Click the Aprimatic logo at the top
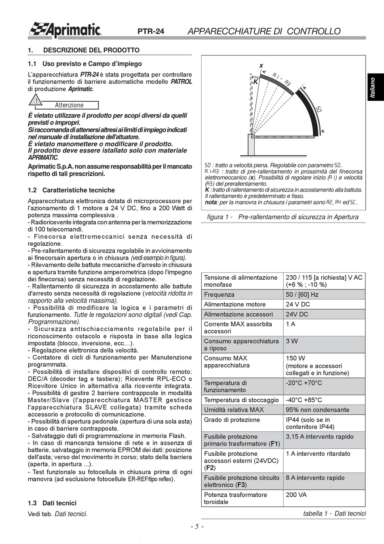pos(65,30)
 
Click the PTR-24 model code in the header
pos(151,32)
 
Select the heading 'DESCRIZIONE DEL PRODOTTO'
pos(91,50)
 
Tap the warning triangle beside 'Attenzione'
pos(36,101)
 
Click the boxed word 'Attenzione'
pos(69,105)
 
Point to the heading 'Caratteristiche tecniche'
pos(78,190)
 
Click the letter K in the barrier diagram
pos(255,82)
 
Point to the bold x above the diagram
pos(261,66)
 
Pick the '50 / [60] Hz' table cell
pos(302,295)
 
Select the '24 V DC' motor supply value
pos(298,304)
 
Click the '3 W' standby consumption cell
pos(292,341)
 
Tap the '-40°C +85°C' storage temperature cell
pos(304,400)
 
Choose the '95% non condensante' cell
pos(317,410)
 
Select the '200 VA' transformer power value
pos(297,495)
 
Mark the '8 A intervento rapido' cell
pos(315,478)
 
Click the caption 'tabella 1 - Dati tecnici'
pos(334,513)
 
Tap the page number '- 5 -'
pos(197,527)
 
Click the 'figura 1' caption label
pos(219,217)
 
